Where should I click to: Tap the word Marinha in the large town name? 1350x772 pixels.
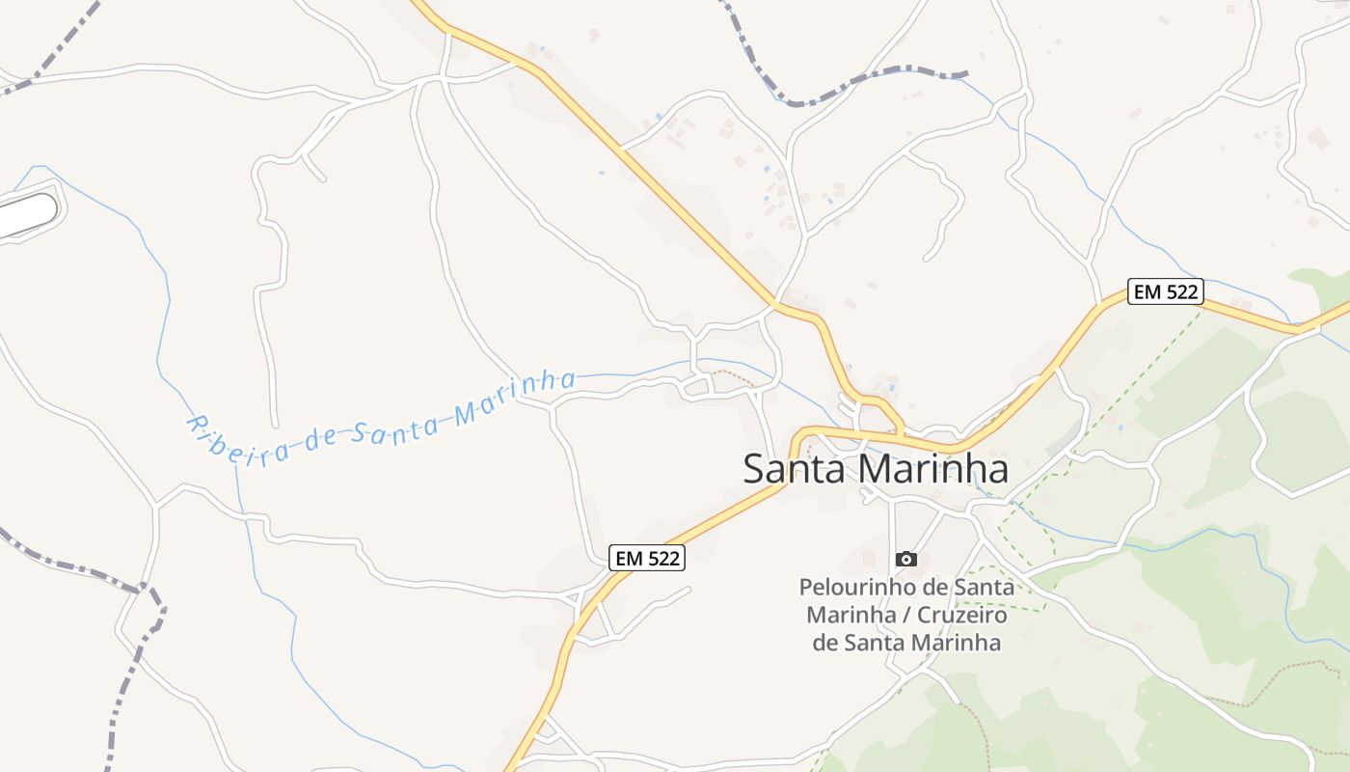pos(932,469)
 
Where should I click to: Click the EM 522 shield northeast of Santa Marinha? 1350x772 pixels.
pos(1166,291)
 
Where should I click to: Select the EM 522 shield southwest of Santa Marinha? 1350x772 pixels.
pos(647,558)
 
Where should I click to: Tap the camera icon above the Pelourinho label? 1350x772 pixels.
pos(905,559)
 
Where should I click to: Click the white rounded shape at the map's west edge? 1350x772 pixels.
pos(27,214)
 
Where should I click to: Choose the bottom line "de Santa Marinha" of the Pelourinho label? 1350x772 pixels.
pos(906,643)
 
